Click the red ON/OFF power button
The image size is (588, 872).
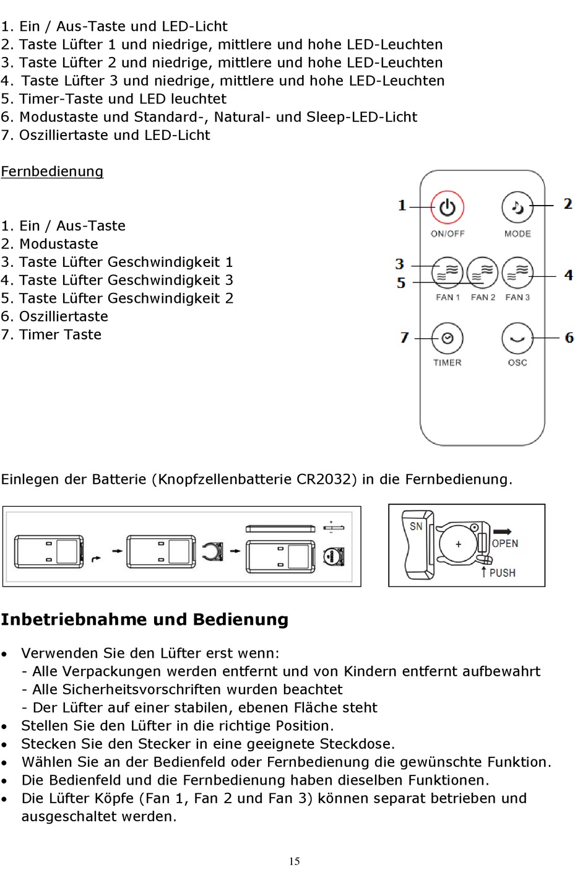447,207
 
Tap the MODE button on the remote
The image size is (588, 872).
517,207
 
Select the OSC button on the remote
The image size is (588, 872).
517,338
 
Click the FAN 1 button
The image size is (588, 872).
447,272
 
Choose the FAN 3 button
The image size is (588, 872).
517,272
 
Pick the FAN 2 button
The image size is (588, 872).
482,272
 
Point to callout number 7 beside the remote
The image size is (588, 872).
404,338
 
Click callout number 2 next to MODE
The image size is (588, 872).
568,204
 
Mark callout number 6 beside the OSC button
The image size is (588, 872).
569,338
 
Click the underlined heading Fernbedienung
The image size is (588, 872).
52,172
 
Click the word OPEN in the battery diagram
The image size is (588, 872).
505,543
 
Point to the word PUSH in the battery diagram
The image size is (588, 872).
502,573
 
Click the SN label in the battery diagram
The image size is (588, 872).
416,526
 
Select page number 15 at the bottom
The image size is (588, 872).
294,861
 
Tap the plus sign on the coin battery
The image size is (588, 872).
458,544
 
